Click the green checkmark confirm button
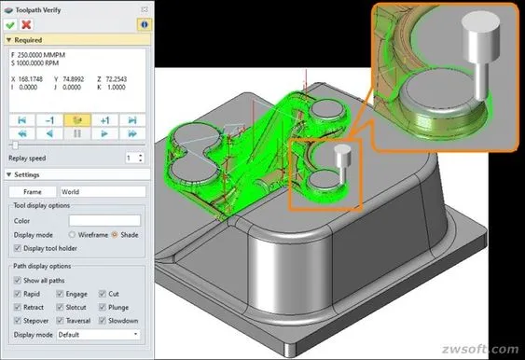(10, 24)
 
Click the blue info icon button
(144, 24)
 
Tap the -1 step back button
(49, 120)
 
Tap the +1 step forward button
(104, 120)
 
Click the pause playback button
(77, 133)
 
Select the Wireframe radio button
(72, 235)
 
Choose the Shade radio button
(115, 235)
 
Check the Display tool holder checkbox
(18, 248)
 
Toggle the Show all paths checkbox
(18, 281)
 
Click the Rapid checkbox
(18, 294)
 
